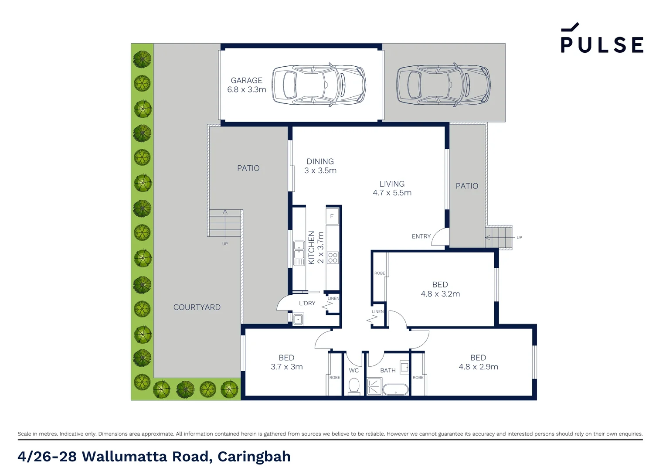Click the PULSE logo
click(601, 39)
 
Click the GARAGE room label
click(247, 81)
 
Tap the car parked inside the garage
click(319, 85)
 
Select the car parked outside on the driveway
click(443, 85)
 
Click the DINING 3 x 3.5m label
click(320, 166)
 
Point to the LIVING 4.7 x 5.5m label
click(392, 188)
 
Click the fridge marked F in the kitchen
click(332, 216)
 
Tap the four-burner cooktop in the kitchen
click(333, 258)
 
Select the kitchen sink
click(299, 249)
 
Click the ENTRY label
click(421, 236)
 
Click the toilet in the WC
click(354, 386)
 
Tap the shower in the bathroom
click(374, 386)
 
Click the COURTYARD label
click(197, 307)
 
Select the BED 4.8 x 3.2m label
click(440, 289)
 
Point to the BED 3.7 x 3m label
click(286, 362)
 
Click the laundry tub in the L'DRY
click(298, 320)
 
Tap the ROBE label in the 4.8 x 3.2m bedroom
click(380, 273)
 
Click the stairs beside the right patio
click(499, 238)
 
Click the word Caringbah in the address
click(254, 457)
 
